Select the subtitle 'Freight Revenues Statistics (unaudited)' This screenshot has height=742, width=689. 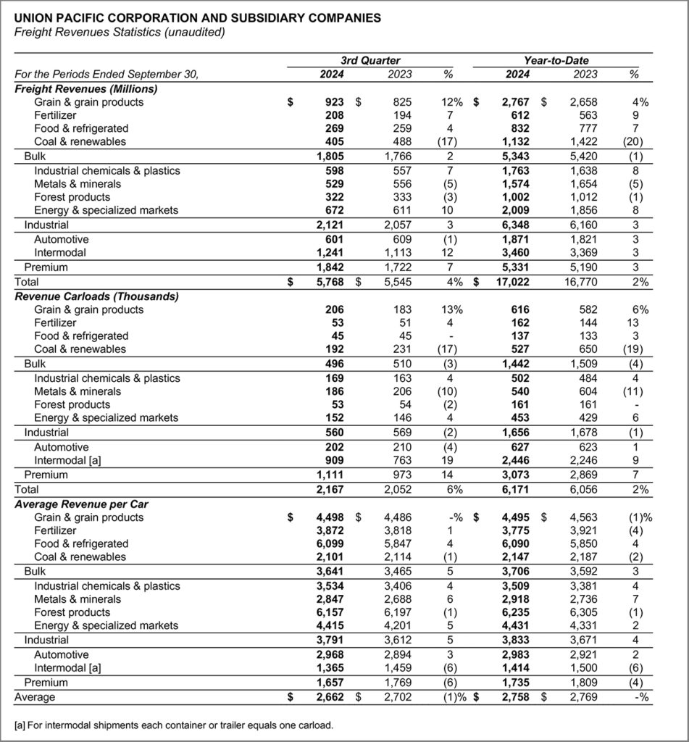coord(120,32)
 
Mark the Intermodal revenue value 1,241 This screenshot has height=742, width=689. coord(329,253)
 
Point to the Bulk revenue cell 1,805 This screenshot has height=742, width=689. coord(329,156)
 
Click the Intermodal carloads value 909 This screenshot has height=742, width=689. coord(335,461)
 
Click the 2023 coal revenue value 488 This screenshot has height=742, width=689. coord(401,141)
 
